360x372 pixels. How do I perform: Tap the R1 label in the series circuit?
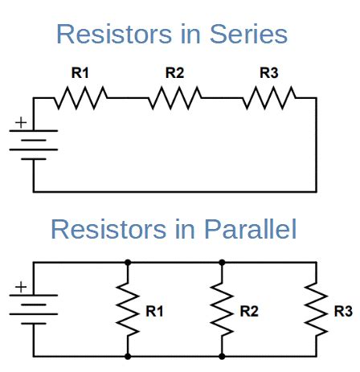(x=80, y=73)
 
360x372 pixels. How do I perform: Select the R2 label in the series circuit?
(x=174, y=73)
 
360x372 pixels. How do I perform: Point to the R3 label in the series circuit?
(x=269, y=73)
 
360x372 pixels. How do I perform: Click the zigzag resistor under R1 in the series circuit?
(x=80, y=98)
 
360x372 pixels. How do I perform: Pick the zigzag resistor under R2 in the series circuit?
(x=174, y=98)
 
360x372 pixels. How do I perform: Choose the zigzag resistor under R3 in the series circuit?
(x=269, y=98)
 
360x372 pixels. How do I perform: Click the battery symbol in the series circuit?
(x=33, y=144)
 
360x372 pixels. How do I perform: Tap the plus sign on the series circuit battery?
(x=21, y=123)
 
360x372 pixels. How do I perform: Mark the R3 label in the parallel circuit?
(x=342, y=310)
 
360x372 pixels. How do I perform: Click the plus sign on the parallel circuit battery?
(x=21, y=287)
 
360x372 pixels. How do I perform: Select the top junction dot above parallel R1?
(x=128, y=262)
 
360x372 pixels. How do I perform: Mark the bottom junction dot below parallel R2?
(x=221, y=356)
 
